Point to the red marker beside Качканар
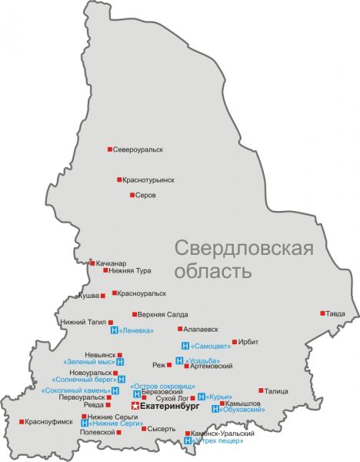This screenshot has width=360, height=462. [92, 263]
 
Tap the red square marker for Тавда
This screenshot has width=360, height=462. [322, 313]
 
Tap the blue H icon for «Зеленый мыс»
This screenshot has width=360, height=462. [121, 361]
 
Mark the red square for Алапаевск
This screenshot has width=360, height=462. [180, 328]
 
